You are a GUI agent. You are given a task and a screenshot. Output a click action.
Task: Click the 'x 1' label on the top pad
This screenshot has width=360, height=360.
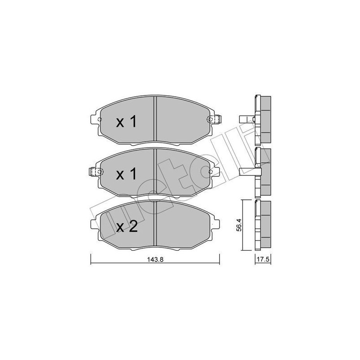tap(126, 122)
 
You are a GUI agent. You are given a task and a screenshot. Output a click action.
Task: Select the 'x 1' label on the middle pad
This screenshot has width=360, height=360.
tap(126, 174)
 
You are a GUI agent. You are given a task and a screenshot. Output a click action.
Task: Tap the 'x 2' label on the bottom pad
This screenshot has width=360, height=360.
tap(126, 227)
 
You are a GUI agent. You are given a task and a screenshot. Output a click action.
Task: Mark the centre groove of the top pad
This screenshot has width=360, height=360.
tap(155, 119)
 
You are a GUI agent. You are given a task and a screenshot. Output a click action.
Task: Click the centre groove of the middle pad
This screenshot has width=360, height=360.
tap(155, 171)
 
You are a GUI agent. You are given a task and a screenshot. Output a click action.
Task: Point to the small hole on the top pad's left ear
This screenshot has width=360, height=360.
tap(100, 119)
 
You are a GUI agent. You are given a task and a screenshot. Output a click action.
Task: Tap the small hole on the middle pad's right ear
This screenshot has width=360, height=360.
tap(210, 172)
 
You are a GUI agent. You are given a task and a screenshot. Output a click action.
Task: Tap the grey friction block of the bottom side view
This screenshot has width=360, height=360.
tap(265, 225)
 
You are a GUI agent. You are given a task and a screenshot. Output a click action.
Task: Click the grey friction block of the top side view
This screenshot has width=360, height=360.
tap(265, 119)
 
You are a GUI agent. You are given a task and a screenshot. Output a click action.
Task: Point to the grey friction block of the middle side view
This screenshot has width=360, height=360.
tap(265, 172)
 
